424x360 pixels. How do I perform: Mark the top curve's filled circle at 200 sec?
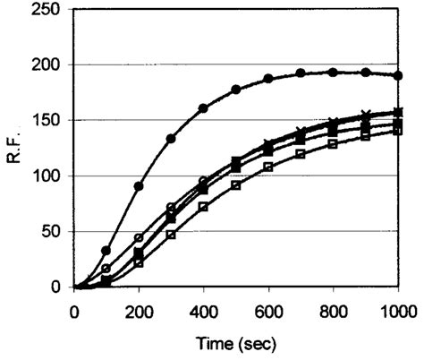139,186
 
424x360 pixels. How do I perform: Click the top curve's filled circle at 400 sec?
203,108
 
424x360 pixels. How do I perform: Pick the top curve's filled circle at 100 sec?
106,251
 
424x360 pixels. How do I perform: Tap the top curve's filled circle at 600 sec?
267,79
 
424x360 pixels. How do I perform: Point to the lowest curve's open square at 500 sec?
235,185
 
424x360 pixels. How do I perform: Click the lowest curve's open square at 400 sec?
203,207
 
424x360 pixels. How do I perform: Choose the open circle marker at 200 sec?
139,238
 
